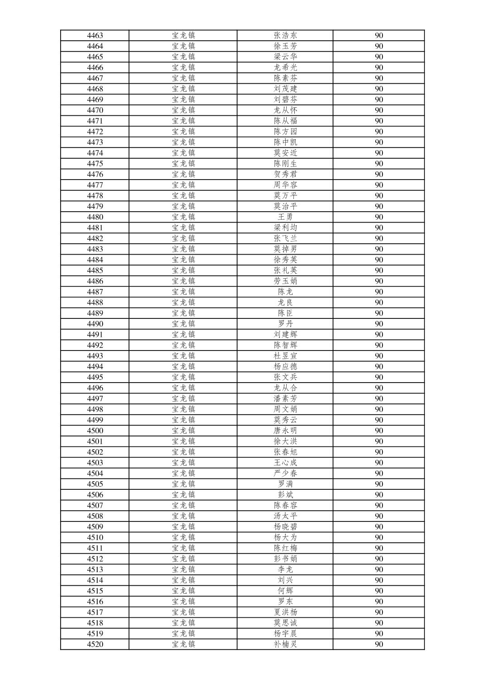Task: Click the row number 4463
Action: (x=95, y=35)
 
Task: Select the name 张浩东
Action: (x=285, y=35)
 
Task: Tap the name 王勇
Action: (x=285, y=217)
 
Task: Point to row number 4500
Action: (x=95, y=431)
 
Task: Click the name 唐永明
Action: (x=285, y=431)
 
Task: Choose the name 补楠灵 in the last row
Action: (x=285, y=644)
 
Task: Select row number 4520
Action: (x=95, y=644)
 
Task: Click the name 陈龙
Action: (x=285, y=292)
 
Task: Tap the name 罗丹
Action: (x=285, y=324)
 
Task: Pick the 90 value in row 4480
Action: (x=379, y=217)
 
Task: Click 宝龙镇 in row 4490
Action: (x=183, y=324)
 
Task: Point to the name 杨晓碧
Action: (x=285, y=526)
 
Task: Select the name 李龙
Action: (x=285, y=569)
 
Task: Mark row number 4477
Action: (x=95, y=185)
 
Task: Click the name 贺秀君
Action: (x=285, y=174)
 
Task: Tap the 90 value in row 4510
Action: (x=379, y=537)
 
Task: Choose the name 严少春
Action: (x=285, y=473)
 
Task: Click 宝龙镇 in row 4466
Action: (x=183, y=67)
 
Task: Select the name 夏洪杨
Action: (x=285, y=612)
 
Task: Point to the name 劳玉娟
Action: (x=285, y=281)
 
